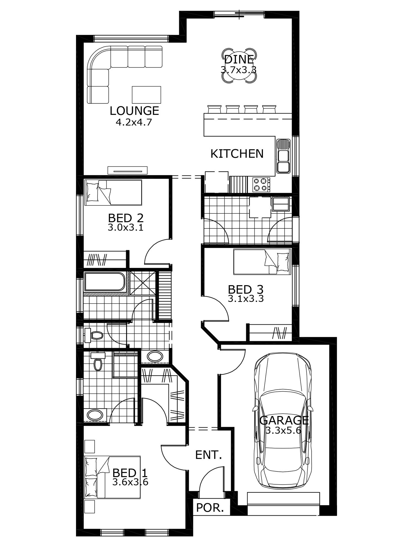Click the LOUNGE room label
click(134, 111)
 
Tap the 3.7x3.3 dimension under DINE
click(238, 69)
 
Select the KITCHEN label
click(237, 154)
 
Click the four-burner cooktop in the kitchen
click(261, 185)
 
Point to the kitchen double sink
click(283, 156)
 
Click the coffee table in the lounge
click(146, 94)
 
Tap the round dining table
click(238, 66)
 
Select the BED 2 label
click(126, 218)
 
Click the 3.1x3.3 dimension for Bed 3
click(246, 298)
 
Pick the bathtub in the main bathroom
click(105, 281)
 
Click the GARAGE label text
click(284, 420)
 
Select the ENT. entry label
click(208, 455)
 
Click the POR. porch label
click(210, 508)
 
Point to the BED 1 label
click(130, 473)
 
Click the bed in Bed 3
click(262, 262)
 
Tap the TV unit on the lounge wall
click(127, 170)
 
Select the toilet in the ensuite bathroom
click(98, 361)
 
